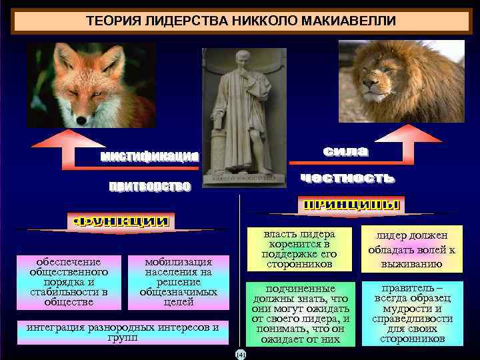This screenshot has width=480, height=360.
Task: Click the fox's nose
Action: pos(82,119)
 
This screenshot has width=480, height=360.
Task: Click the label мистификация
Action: pos(149,157)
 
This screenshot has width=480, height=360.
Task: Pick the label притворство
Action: pos(149,185)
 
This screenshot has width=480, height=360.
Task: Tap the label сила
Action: pos(345,151)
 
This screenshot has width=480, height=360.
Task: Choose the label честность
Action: pos(347,178)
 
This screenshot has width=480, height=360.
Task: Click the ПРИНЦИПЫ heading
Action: pos(351,205)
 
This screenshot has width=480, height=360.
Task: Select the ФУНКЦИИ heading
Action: pos(121,221)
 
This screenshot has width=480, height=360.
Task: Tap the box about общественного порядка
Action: pos(69,282)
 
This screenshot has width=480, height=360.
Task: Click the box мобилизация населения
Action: pos(178,282)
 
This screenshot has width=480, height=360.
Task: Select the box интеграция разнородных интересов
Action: pos(122,332)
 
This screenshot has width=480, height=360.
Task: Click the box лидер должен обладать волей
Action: pos(411,250)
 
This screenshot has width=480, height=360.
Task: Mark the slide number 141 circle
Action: pos(240,355)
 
